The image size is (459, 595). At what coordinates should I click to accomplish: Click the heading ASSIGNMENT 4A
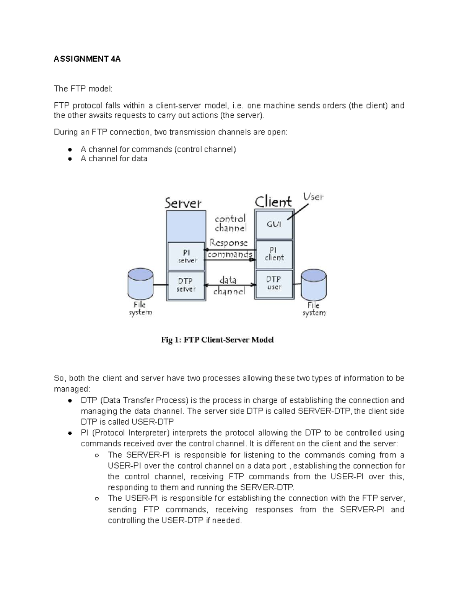point(87,59)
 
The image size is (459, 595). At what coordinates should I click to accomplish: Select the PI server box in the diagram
point(186,256)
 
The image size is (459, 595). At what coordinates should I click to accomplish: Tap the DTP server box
point(186,285)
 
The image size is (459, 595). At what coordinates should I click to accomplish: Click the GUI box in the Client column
point(274,224)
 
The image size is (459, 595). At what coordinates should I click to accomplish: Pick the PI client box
point(274,254)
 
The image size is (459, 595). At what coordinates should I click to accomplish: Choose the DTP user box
point(274,283)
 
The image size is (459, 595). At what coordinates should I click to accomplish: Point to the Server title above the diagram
point(183,203)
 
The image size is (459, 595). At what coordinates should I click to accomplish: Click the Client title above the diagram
point(273,202)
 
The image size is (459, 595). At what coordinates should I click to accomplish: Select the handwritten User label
point(313,197)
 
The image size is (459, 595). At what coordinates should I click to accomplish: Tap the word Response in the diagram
point(228,243)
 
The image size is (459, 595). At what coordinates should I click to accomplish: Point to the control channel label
point(230,223)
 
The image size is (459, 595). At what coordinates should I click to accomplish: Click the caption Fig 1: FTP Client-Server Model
point(217,340)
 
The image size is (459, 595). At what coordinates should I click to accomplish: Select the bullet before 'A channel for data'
point(70,159)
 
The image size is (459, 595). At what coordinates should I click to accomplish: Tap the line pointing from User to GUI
point(298,211)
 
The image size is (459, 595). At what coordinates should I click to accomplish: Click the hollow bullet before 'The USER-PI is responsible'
point(97,499)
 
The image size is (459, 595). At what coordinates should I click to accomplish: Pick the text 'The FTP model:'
point(83,89)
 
